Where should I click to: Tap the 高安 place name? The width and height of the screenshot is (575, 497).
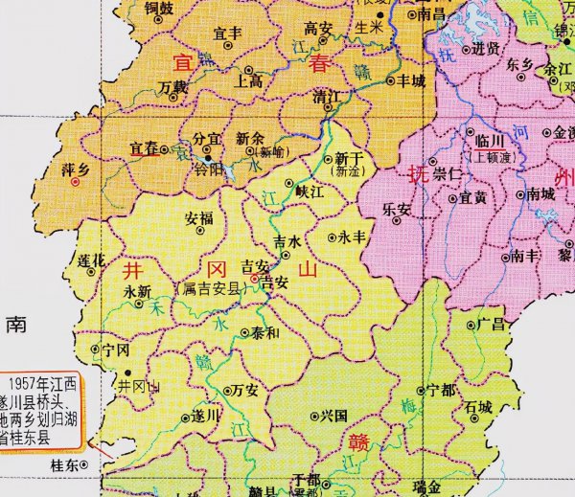(x=316, y=28)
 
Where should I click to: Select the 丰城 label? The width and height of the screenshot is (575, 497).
(x=411, y=80)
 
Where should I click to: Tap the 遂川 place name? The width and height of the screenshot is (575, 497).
(x=206, y=415)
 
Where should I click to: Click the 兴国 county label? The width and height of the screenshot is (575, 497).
(x=333, y=417)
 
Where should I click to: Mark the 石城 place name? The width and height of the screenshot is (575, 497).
(x=479, y=407)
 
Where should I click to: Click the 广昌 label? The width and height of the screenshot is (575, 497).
(x=491, y=325)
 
